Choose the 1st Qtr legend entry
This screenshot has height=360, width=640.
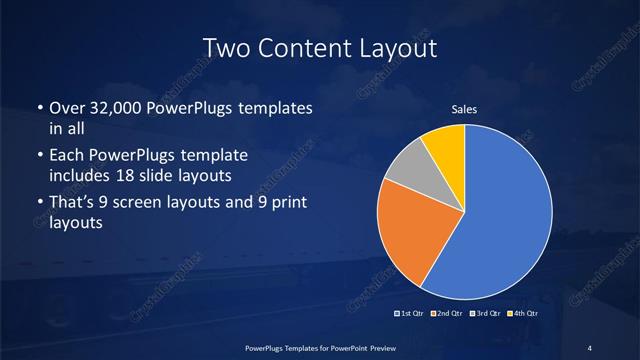411,313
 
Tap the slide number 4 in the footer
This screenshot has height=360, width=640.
590,347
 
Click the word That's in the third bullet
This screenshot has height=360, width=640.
73,204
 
